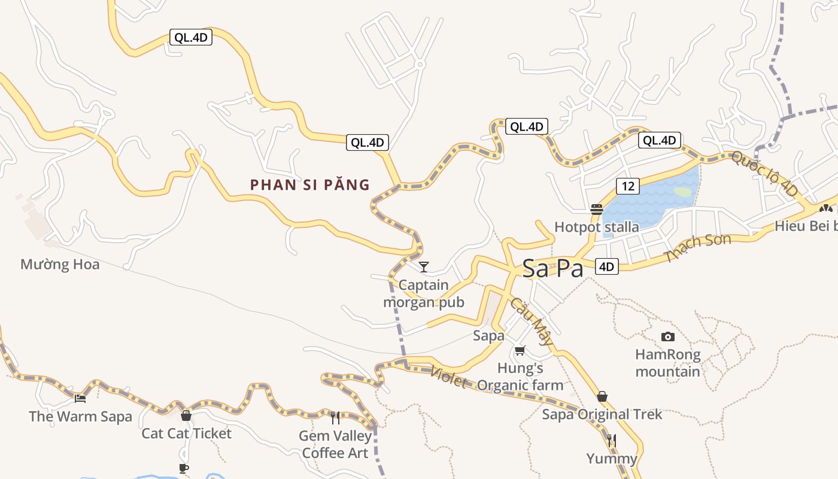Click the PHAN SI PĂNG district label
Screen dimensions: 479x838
[310, 185]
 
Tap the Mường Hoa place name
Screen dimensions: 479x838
[60, 264]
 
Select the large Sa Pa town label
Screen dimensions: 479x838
[552, 269]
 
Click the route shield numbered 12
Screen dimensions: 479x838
[627, 186]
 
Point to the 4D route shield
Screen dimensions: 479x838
[606, 266]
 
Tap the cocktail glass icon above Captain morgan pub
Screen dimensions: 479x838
[424, 266]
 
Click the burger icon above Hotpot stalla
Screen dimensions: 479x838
[596, 210]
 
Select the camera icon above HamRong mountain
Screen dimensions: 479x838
[667, 336]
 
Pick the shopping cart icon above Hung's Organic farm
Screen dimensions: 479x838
[520, 350]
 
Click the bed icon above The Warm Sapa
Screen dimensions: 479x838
[80, 398]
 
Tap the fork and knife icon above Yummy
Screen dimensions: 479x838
[611, 441]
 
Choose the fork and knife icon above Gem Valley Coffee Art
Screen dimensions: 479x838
[335, 417]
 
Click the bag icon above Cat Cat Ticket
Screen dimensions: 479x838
[186, 415]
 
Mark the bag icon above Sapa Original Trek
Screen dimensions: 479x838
[602, 396]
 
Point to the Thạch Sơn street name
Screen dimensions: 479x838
[698, 248]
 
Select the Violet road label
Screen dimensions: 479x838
[448, 377]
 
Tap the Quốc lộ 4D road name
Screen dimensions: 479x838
[764, 174]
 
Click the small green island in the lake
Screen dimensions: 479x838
[682, 192]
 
